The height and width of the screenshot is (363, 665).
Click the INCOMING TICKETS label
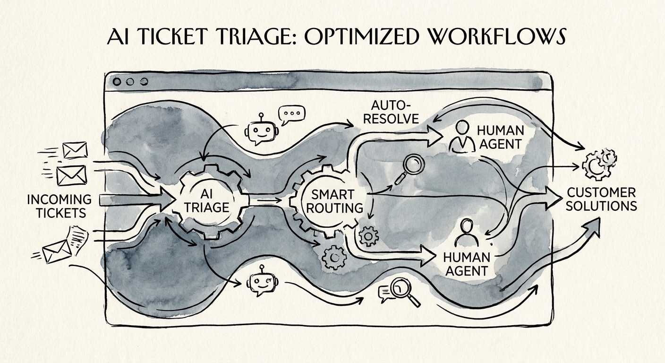point(60,206)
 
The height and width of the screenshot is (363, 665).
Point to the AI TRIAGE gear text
point(207,201)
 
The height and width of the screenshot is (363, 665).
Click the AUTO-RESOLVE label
point(391,112)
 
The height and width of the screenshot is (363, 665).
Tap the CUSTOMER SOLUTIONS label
point(601,199)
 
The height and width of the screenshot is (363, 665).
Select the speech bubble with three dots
point(291,115)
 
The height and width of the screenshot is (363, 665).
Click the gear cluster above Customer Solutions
point(599,164)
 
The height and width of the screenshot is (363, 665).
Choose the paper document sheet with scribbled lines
point(78,240)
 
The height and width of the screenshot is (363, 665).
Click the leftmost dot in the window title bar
point(117,82)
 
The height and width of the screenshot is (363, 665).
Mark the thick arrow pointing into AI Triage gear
point(136,200)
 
